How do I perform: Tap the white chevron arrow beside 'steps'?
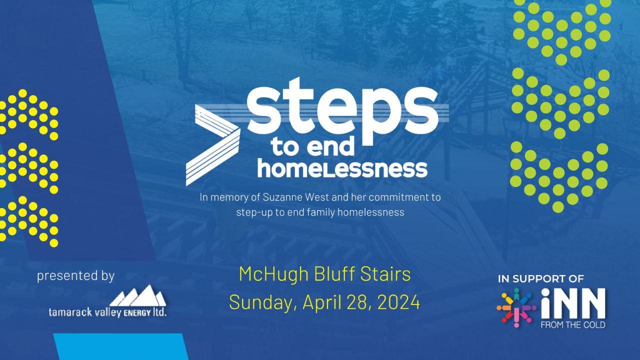pyautogui.click(x=213, y=145)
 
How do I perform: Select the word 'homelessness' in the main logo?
pyautogui.click(x=342, y=169)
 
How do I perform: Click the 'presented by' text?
pyautogui.click(x=75, y=276)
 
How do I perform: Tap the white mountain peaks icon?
pyautogui.click(x=137, y=295)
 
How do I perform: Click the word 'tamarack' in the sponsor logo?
pyautogui.click(x=70, y=312)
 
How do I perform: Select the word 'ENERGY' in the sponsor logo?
pyautogui.click(x=137, y=313)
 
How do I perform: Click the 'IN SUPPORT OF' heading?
pyautogui.click(x=541, y=279)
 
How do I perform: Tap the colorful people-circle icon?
pyautogui.click(x=516, y=307)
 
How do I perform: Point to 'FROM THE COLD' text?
pyautogui.click(x=573, y=325)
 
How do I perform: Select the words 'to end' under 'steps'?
pyautogui.click(x=313, y=147)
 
